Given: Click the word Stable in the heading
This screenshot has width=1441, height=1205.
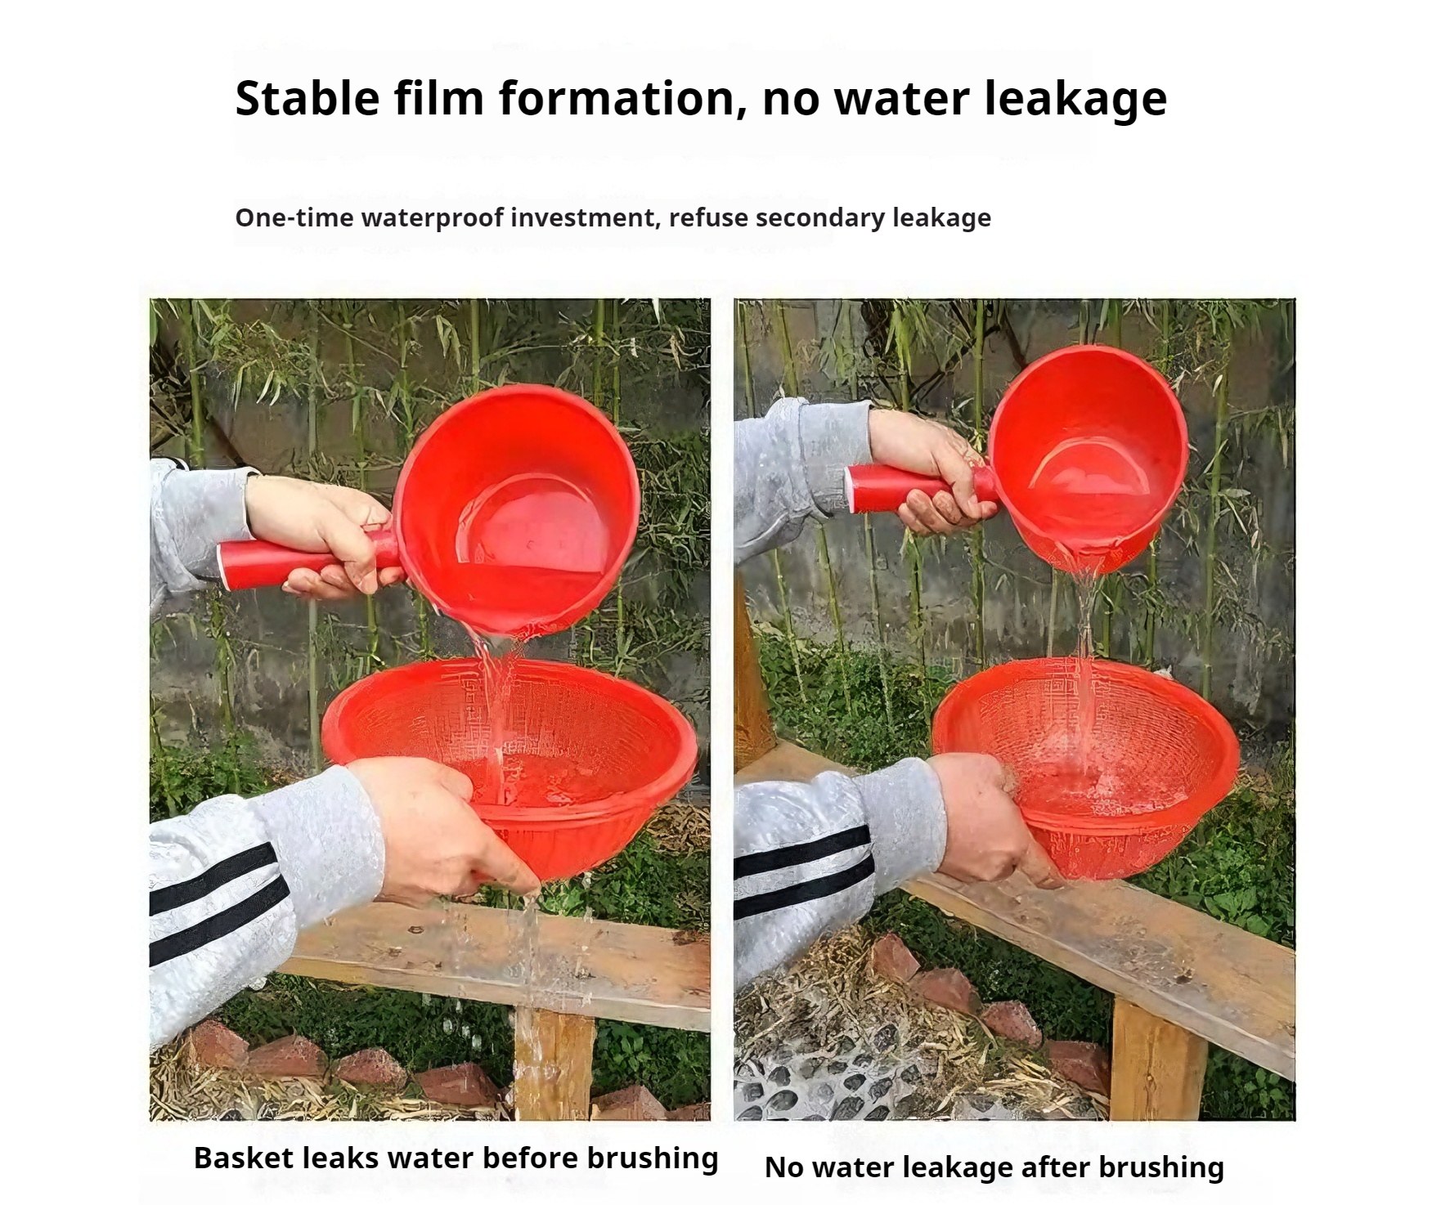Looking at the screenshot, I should pos(308,99).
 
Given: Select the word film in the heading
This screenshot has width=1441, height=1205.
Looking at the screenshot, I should pos(438,99).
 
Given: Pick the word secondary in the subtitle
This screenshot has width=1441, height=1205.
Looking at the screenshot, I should pos(820,217).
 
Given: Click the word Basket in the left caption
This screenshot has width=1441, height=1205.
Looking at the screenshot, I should pos(244,1158).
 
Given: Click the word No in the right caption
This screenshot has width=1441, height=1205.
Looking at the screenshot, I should pos(783,1167).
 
